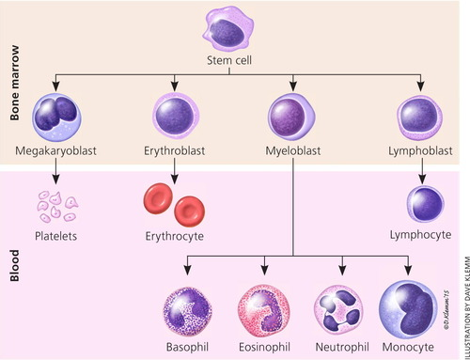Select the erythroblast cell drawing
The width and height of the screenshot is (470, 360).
coord(173,117)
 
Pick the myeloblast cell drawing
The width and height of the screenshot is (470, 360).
coord(292,117)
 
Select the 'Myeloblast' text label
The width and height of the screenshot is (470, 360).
coord(292,150)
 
